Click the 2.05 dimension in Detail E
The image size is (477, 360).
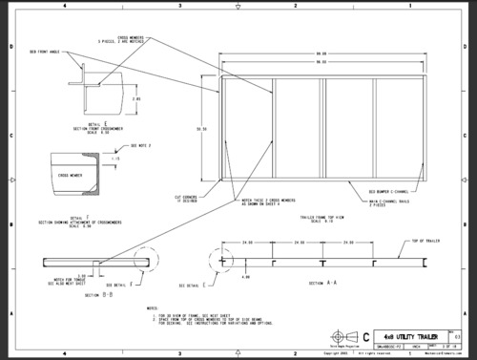pos(136,98)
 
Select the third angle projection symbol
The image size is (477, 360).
pos(337,336)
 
